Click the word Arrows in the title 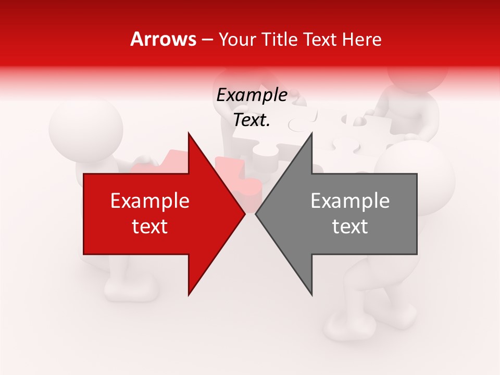coord(163,39)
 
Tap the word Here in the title coord(362,39)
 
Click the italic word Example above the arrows coord(252,95)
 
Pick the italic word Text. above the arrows coord(252,120)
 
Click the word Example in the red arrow coord(150,201)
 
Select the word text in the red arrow coord(150,227)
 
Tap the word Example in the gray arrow coord(350,201)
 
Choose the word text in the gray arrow coord(350,227)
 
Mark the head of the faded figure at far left coord(85,125)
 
